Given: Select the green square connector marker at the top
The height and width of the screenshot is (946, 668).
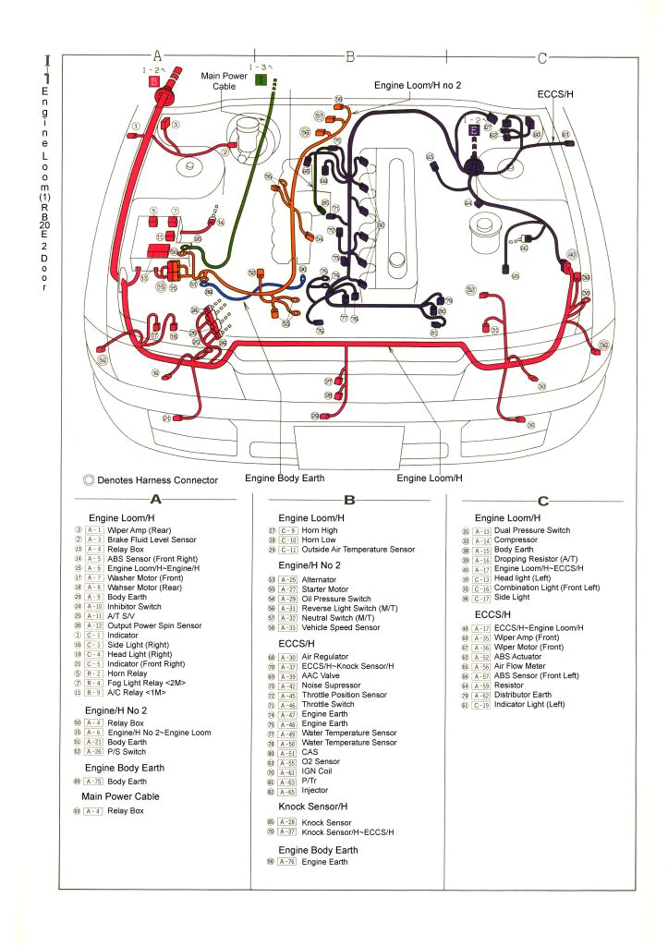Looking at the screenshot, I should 261,80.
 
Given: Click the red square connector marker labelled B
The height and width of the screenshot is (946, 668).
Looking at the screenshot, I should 154,81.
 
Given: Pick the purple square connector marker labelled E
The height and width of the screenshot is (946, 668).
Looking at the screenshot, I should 474,132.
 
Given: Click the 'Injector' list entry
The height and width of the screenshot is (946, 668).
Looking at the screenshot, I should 315,791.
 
